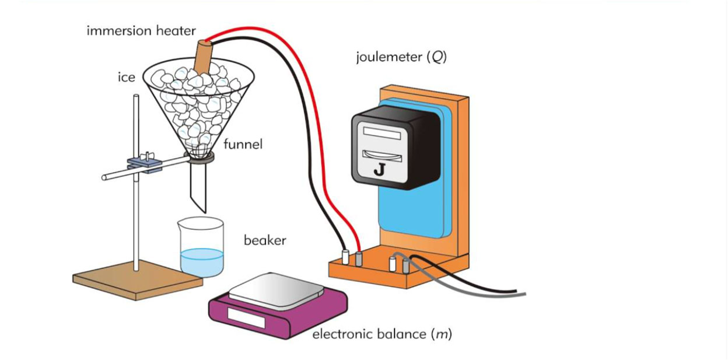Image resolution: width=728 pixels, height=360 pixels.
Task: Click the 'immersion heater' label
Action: pyautogui.click(x=141, y=31)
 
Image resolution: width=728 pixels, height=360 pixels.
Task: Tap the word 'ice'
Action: pyautogui.click(x=127, y=77)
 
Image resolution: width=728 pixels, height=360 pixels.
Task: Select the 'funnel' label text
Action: pyautogui.click(x=243, y=144)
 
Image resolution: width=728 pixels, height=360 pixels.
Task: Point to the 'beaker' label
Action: pyautogui.click(x=265, y=240)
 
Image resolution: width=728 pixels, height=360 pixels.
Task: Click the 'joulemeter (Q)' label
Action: pyautogui.click(x=401, y=57)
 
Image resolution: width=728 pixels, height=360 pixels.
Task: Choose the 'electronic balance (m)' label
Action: pyautogui.click(x=382, y=334)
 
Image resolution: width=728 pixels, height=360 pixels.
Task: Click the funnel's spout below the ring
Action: pyautogui.click(x=198, y=187)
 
